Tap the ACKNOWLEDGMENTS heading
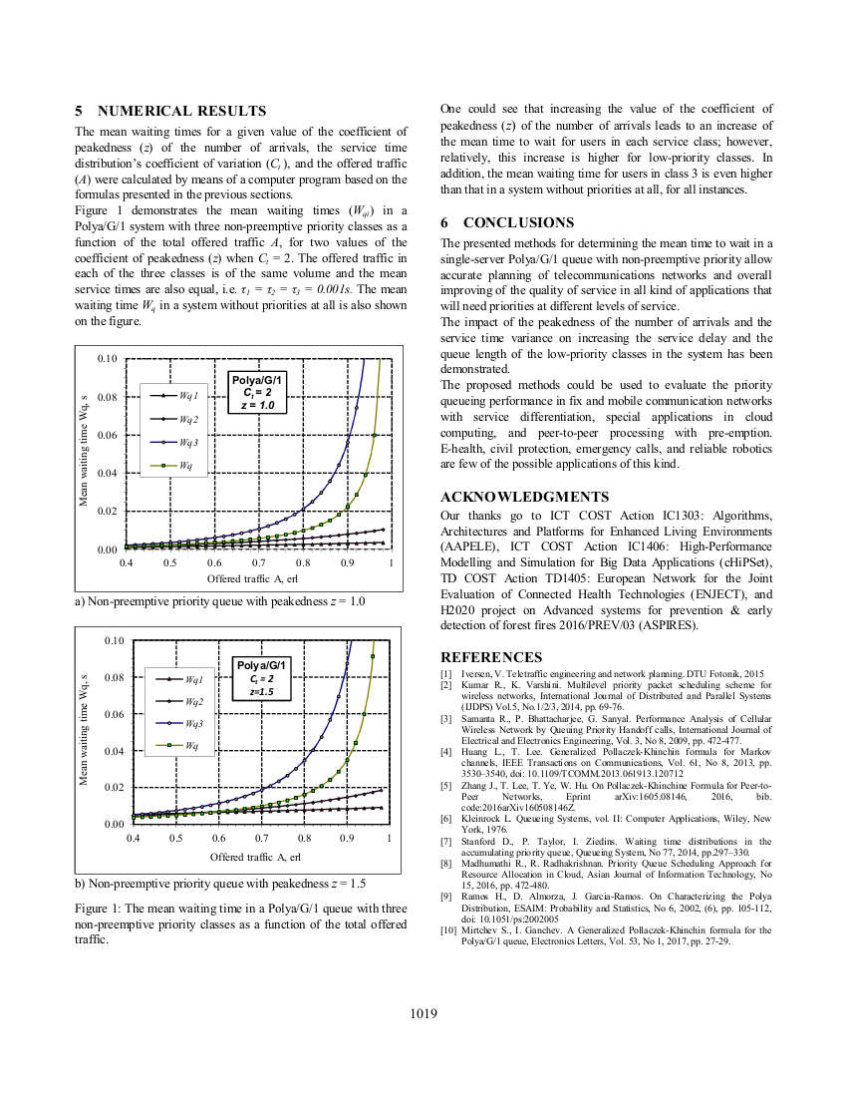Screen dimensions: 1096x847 pos(524,497)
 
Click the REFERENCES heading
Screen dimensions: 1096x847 pos(491,657)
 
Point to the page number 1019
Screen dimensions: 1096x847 pos(423,1014)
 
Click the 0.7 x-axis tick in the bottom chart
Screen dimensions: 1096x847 pos(262,839)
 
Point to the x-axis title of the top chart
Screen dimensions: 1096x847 pos(252,578)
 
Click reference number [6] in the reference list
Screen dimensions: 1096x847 pos(446,819)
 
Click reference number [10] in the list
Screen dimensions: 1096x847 pos(448,930)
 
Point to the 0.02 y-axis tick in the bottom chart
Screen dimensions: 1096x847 pos(114,788)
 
